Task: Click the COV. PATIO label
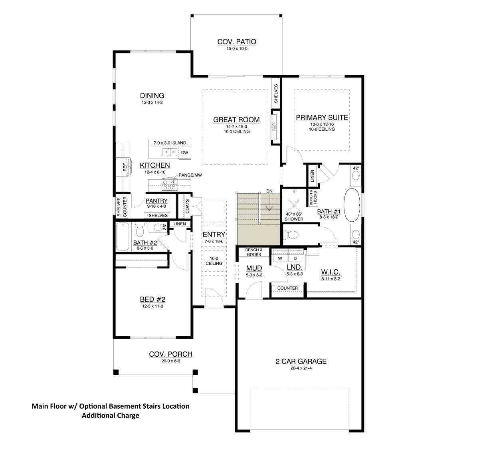[x=237, y=42]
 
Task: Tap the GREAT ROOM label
[x=236, y=120]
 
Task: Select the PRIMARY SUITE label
[x=322, y=117]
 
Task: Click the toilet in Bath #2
[x=140, y=229]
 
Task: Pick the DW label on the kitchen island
[x=184, y=153]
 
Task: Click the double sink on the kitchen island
[x=170, y=152]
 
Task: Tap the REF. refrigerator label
[x=125, y=167]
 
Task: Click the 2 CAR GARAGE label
[x=301, y=362]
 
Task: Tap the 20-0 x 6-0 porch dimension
[x=171, y=361]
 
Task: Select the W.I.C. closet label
[x=331, y=272]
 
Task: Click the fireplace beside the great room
[x=275, y=127]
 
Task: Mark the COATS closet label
[x=187, y=206]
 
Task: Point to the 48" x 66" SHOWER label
[x=294, y=217]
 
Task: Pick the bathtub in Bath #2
[x=123, y=236]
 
